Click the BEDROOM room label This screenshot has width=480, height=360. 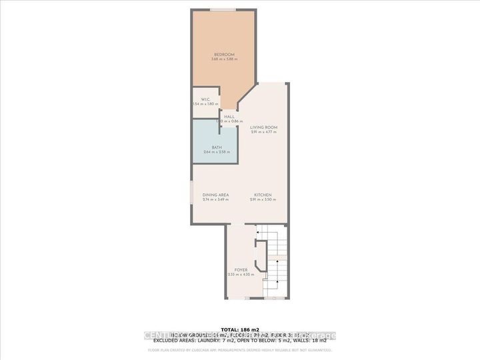coord(223,54)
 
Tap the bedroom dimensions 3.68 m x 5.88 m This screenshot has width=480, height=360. coord(223,59)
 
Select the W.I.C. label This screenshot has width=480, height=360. coord(205,99)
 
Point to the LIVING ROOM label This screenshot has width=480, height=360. coord(263,127)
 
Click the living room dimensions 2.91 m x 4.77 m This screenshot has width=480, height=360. coord(263,132)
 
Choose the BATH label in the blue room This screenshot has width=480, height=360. coord(217,147)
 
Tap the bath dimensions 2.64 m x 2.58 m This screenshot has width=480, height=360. coord(217,153)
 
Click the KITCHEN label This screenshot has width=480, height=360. coord(262,195)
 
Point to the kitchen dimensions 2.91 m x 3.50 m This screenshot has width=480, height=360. coord(262,200)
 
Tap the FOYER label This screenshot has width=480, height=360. coord(241,270)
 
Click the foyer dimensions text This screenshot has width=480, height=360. coord(241,275)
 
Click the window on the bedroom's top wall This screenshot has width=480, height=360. coord(223,9)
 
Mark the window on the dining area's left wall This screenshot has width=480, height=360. coord(192,197)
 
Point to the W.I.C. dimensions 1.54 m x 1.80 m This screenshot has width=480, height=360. coord(205,105)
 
